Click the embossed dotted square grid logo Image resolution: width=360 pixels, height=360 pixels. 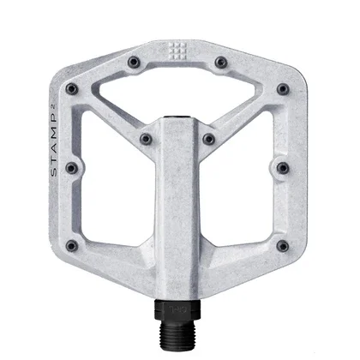coord(179,50)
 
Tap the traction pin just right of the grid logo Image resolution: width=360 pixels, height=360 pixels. coord(221,61)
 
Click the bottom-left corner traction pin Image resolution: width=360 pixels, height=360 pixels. coord(72,245)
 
